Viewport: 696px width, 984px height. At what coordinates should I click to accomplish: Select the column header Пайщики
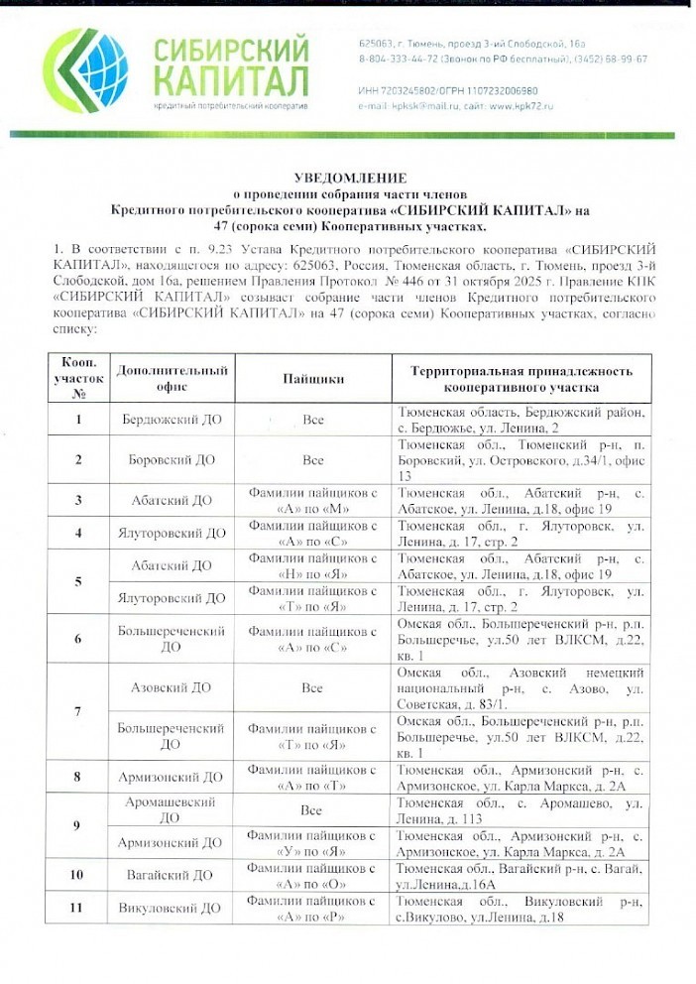(x=313, y=378)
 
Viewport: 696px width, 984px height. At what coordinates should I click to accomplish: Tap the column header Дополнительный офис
(x=172, y=378)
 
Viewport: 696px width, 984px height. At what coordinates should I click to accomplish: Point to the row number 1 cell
(x=77, y=420)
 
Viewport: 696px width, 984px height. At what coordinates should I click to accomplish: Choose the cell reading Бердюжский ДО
(x=172, y=420)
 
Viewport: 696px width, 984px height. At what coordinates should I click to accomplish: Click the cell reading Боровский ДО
(x=172, y=460)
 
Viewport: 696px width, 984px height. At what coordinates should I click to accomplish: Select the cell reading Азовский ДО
(x=172, y=686)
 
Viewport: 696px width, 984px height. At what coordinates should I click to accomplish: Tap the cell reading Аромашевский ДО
(x=171, y=810)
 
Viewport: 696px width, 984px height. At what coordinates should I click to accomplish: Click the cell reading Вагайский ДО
(x=172, y=874)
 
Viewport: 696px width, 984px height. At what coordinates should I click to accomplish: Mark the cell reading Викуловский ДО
(x=172, y=907)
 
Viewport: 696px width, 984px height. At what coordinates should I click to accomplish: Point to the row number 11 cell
(x=77, y=907)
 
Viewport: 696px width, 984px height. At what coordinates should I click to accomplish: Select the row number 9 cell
(x=77, y=826)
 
